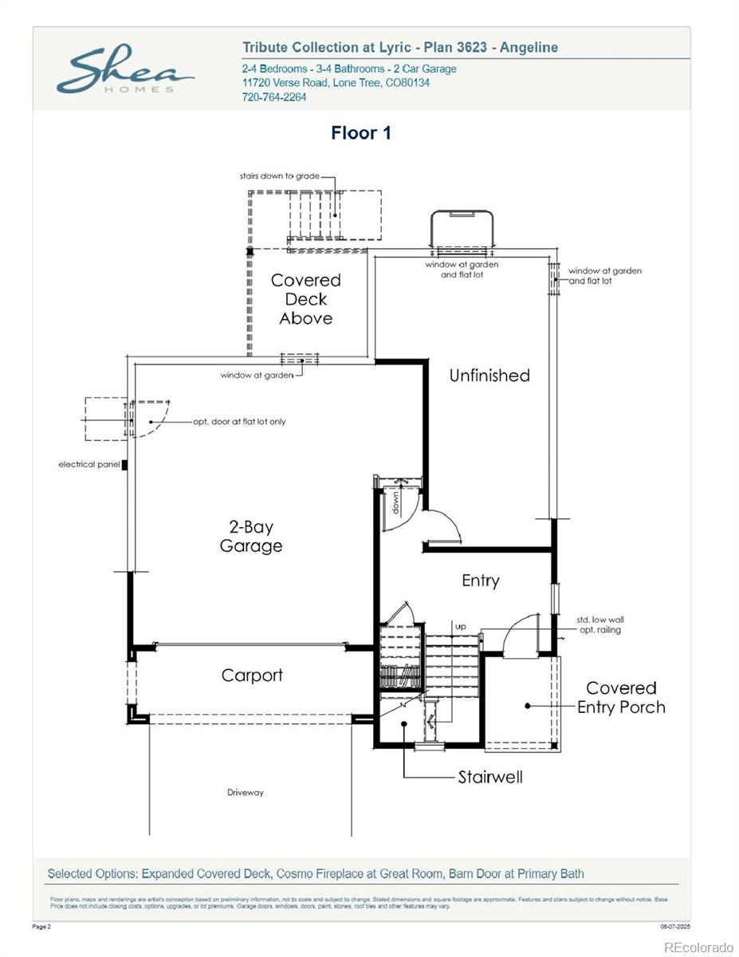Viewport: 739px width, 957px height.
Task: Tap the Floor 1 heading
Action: pos(361,133)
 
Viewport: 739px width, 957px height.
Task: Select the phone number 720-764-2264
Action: pos(274,97)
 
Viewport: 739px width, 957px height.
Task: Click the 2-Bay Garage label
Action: pos(251,536)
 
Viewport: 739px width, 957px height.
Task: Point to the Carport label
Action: pos(252,675)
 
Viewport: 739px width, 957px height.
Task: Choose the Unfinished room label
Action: pos(489,376)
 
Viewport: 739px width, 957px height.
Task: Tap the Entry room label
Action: pos(481,581)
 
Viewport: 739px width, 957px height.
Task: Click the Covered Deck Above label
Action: pos(306,299)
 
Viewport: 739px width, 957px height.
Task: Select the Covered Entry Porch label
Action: pos(621,697)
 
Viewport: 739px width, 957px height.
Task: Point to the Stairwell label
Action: pos(490,777)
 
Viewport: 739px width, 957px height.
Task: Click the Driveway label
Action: pos(246,793)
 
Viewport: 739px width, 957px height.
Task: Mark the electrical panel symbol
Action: pos(124,464)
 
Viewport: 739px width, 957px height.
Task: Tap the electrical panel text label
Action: pos(88,464)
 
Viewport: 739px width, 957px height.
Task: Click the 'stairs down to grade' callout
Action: pos(280,175)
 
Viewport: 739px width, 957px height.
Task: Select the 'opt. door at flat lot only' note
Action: pos(239,421)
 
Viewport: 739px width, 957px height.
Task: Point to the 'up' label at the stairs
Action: pos(461,627)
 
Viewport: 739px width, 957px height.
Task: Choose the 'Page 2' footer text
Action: pos(42,927)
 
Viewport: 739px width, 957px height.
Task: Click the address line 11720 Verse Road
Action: pos(336,83)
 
